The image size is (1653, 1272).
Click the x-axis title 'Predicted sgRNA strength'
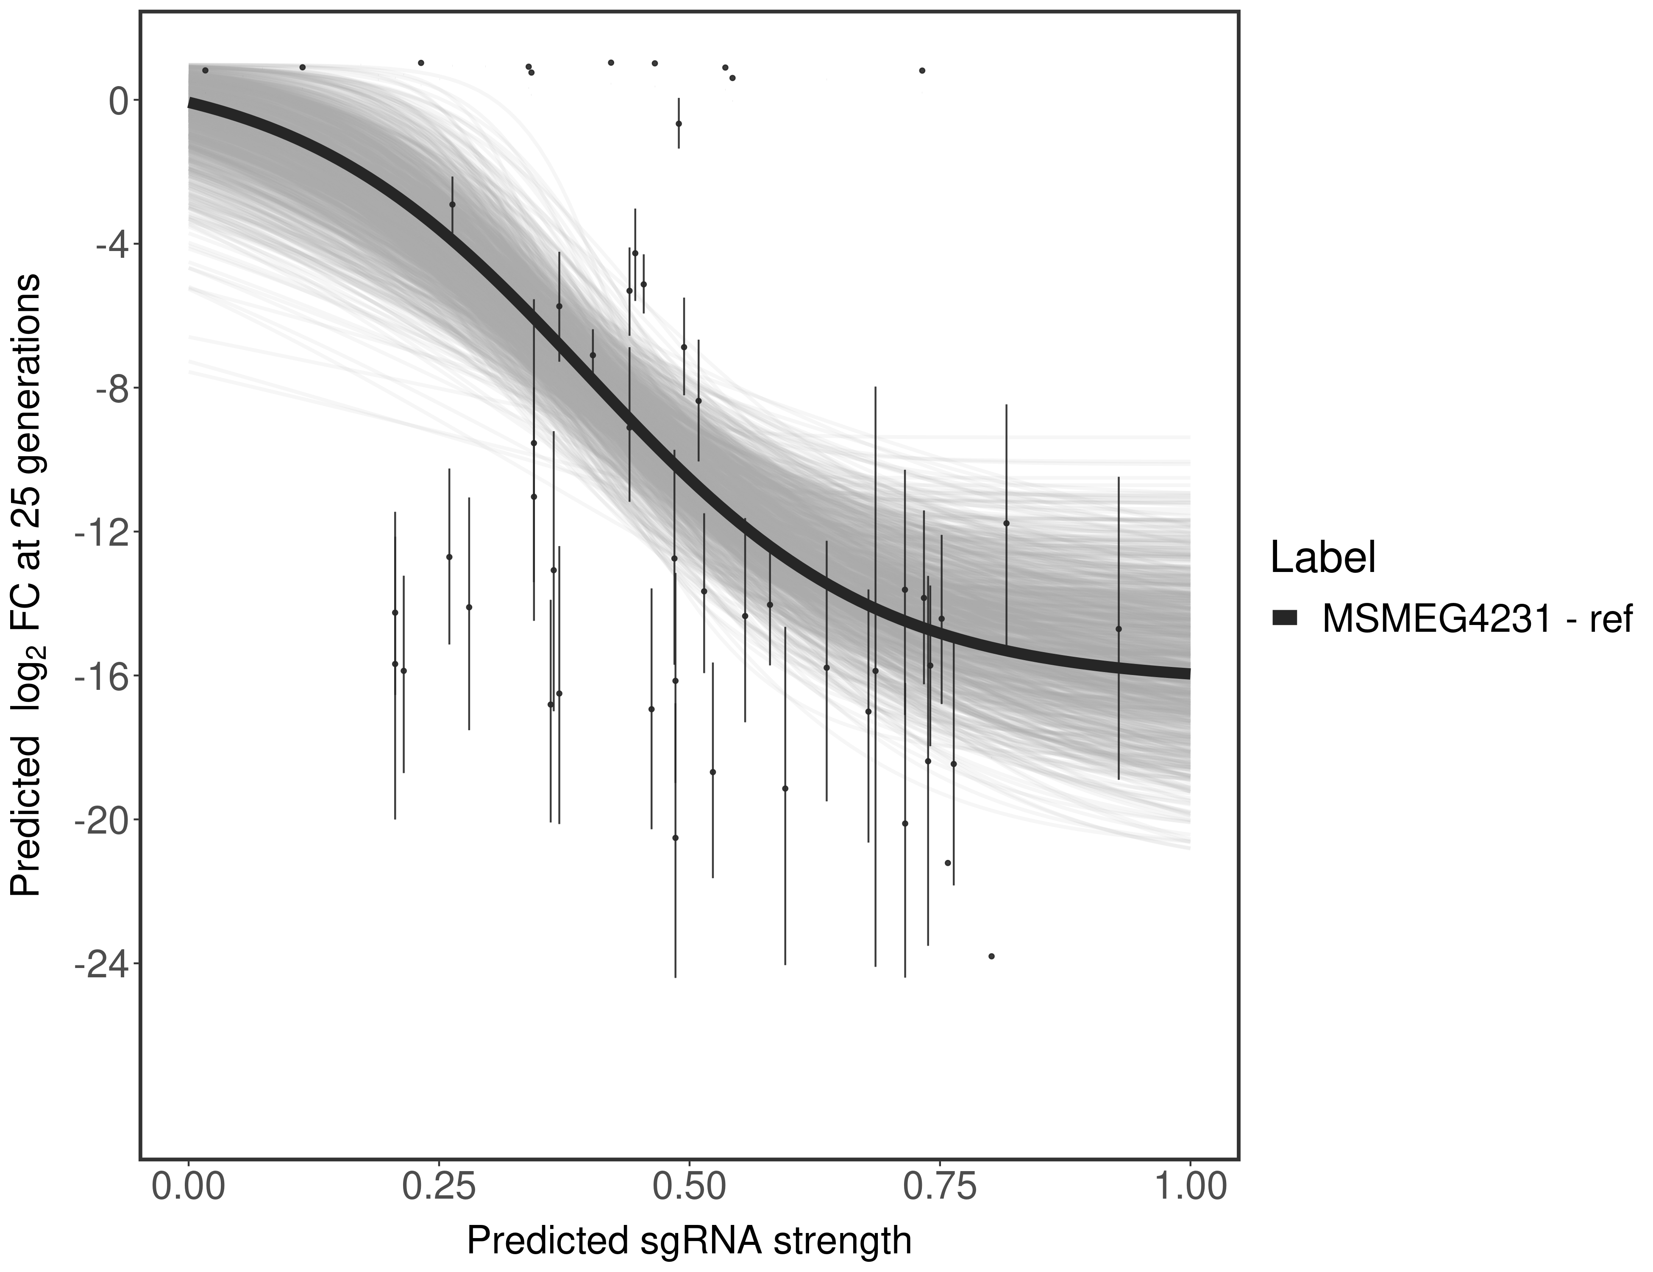click(x=689, y=1242)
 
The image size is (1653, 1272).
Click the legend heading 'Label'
click(x=1322, y=558)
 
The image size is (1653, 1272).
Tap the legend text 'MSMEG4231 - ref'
click(x=1476, y=619)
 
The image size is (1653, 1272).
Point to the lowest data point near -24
click(x=991, y=956)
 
